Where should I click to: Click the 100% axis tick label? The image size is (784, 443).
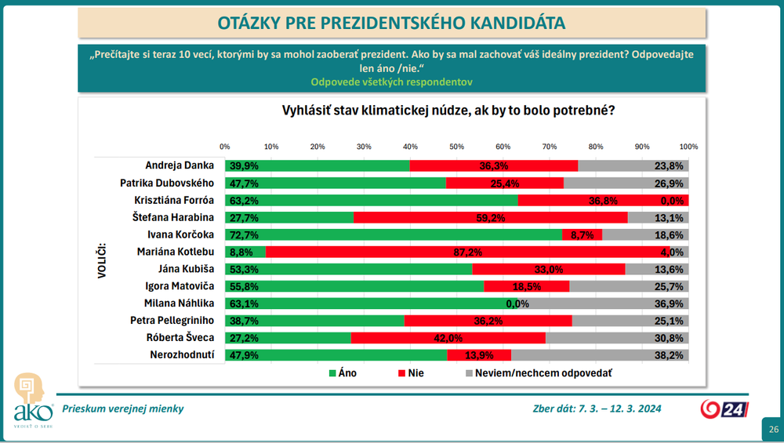point(688,147)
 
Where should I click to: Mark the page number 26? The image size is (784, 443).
point(774,429)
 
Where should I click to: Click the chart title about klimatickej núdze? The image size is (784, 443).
point(448,111)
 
